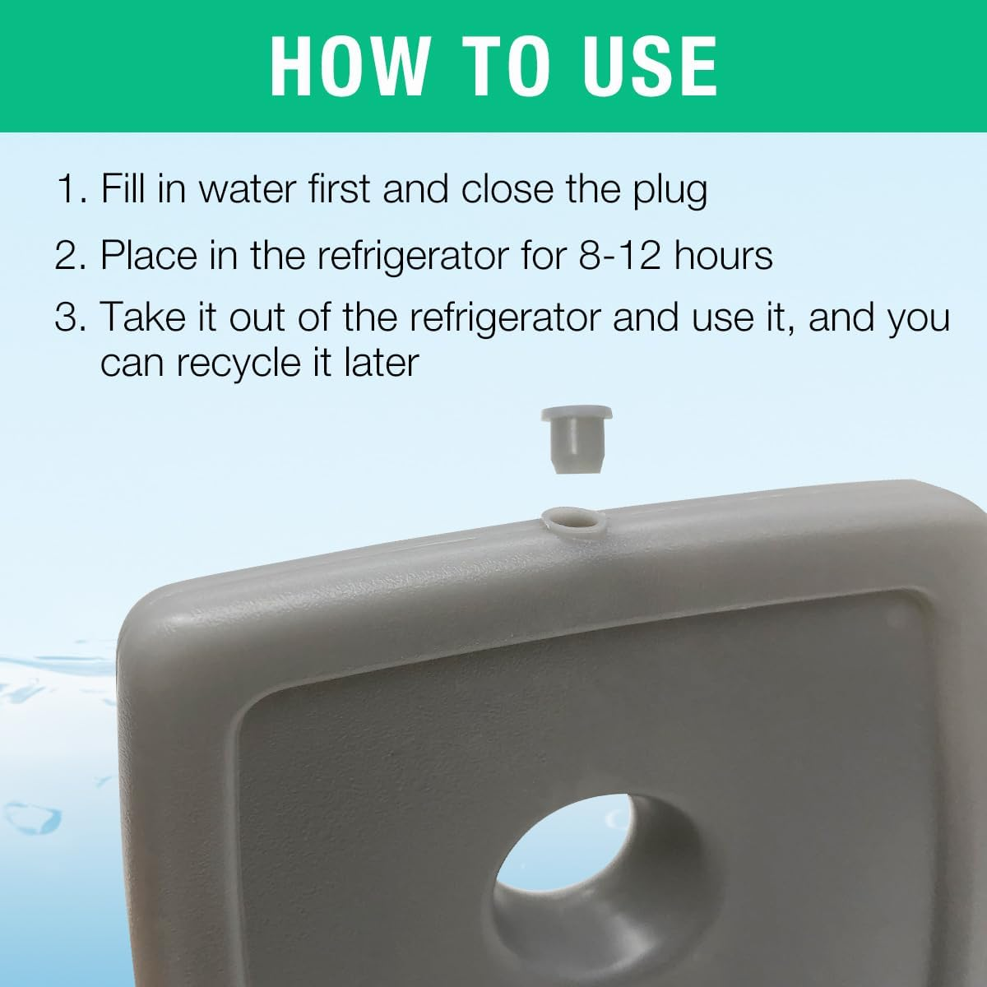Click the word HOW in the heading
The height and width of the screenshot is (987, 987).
click(349, 65)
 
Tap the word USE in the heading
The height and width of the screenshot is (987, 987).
click(651, 65)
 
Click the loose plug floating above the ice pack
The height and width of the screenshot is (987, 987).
click(576, 438)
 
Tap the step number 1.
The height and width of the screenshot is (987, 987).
click(71, 189)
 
